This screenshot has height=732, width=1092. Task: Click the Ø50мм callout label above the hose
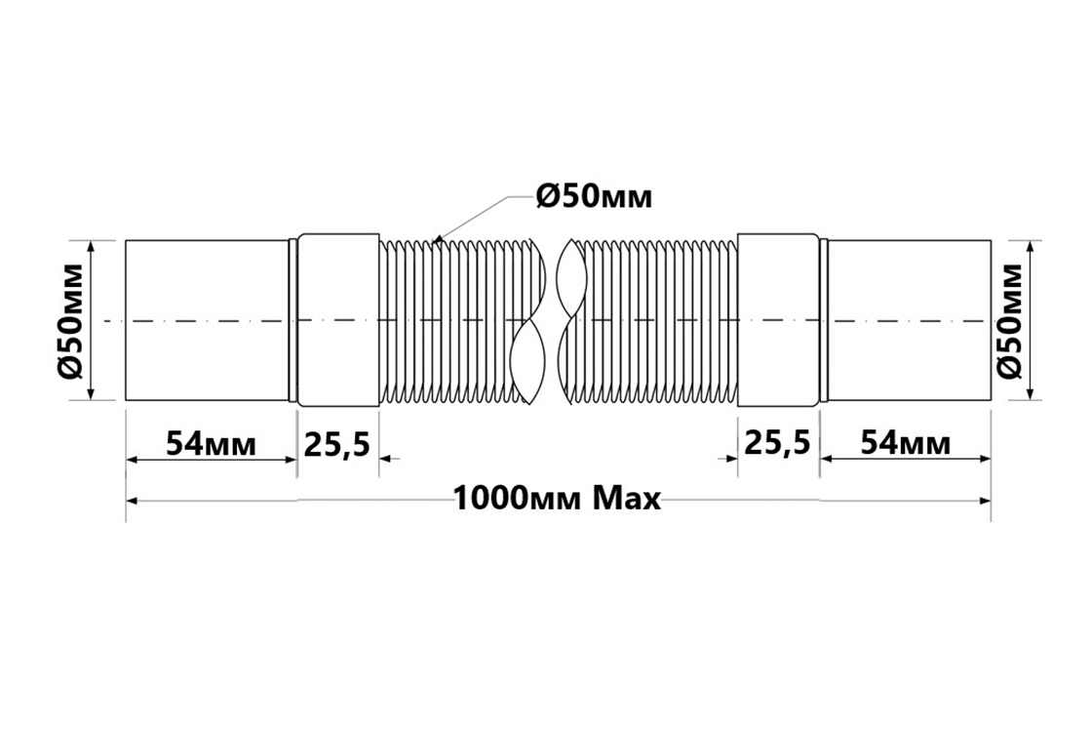point(594,197)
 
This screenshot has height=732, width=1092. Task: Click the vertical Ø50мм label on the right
point(1009,321)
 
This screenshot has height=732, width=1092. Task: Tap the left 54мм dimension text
point(211,443)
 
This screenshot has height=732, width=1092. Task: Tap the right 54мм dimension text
point(906,443)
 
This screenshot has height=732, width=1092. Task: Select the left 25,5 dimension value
point(337,443)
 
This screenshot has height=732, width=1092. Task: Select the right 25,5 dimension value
point(778,443)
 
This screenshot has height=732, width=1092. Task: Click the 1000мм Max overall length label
point(557,499)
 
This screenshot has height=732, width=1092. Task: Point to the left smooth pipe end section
point(208,320)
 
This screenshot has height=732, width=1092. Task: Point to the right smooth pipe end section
point(909,320)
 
